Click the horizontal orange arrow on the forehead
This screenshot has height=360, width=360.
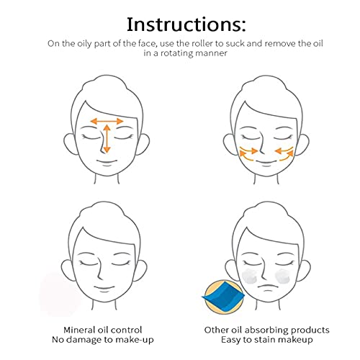click(x=107, y=121)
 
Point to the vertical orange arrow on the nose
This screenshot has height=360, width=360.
click(x=107, y=139)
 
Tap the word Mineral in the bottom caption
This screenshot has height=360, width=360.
click(x=78, y=330)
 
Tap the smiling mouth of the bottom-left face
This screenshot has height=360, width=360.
click(x=104, y=288)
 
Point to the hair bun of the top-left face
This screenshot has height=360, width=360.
click(x=104, y=83)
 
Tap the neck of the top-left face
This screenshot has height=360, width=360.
click(x=107, y=179)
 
